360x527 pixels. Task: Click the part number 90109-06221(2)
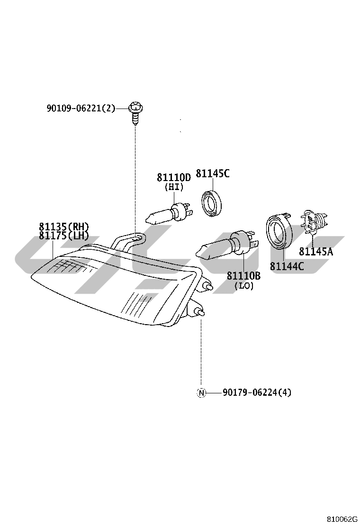(81, 108)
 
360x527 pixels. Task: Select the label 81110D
(173, 177)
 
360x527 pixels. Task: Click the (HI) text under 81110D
(173, 187)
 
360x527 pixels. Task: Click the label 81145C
(212, 174)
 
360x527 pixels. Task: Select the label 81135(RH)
(64, 227)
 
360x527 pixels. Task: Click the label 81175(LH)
(64, 236)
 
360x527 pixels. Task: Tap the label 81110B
(243, 276)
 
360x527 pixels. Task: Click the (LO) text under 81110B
(244, 286)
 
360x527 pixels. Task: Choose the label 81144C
(287, 266)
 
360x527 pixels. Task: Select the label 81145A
(315, 252)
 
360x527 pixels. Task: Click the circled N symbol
(201, 392)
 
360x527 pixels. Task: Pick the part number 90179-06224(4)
(257, 392)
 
